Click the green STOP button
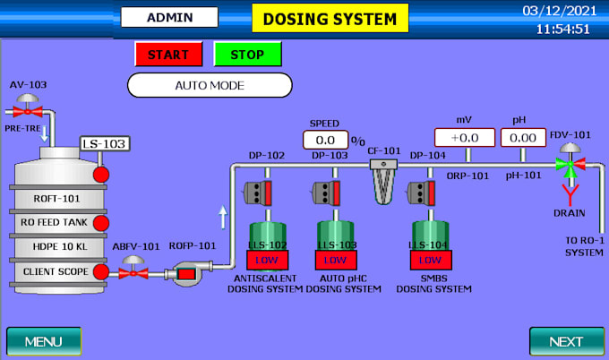pos(247,54)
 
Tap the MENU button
pos(43,341)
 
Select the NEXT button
pos(566,341)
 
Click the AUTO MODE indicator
pos(210,86)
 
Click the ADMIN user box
pos(169,17)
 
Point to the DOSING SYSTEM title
pos(330,18)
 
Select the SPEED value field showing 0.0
pos(324,140)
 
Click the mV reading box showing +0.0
pos(464,138)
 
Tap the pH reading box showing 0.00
pos(523,138)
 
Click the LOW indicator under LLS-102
pos(267,260)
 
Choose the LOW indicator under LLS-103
pos(336,260)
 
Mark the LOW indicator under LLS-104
pos(430,260)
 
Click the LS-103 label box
pos(104,143)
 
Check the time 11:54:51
pos(562,29)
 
